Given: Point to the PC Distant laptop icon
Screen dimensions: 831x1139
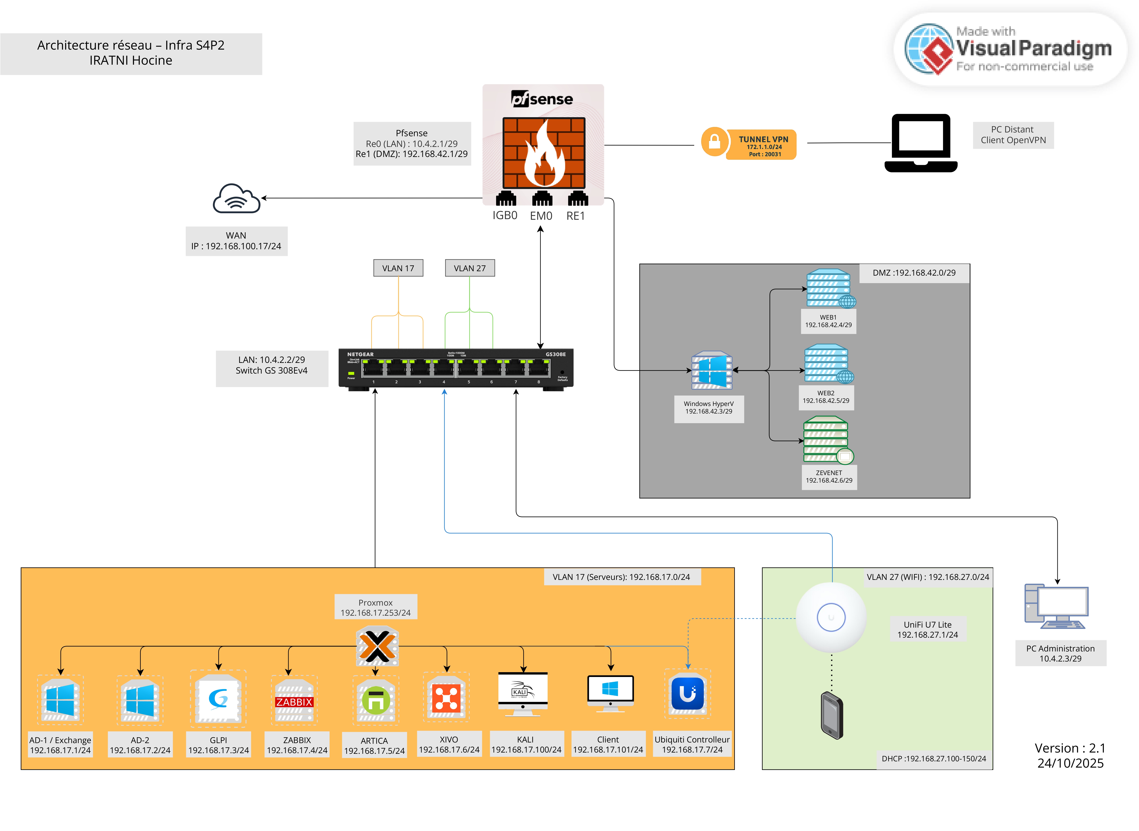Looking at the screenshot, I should [x=921, y=143].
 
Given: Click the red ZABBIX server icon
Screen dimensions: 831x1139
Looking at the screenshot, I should [x=294, y=701].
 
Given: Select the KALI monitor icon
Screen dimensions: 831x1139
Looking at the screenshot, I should [x=522, y=693].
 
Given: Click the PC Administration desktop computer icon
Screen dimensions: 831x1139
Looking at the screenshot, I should [x=1056, y=607].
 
